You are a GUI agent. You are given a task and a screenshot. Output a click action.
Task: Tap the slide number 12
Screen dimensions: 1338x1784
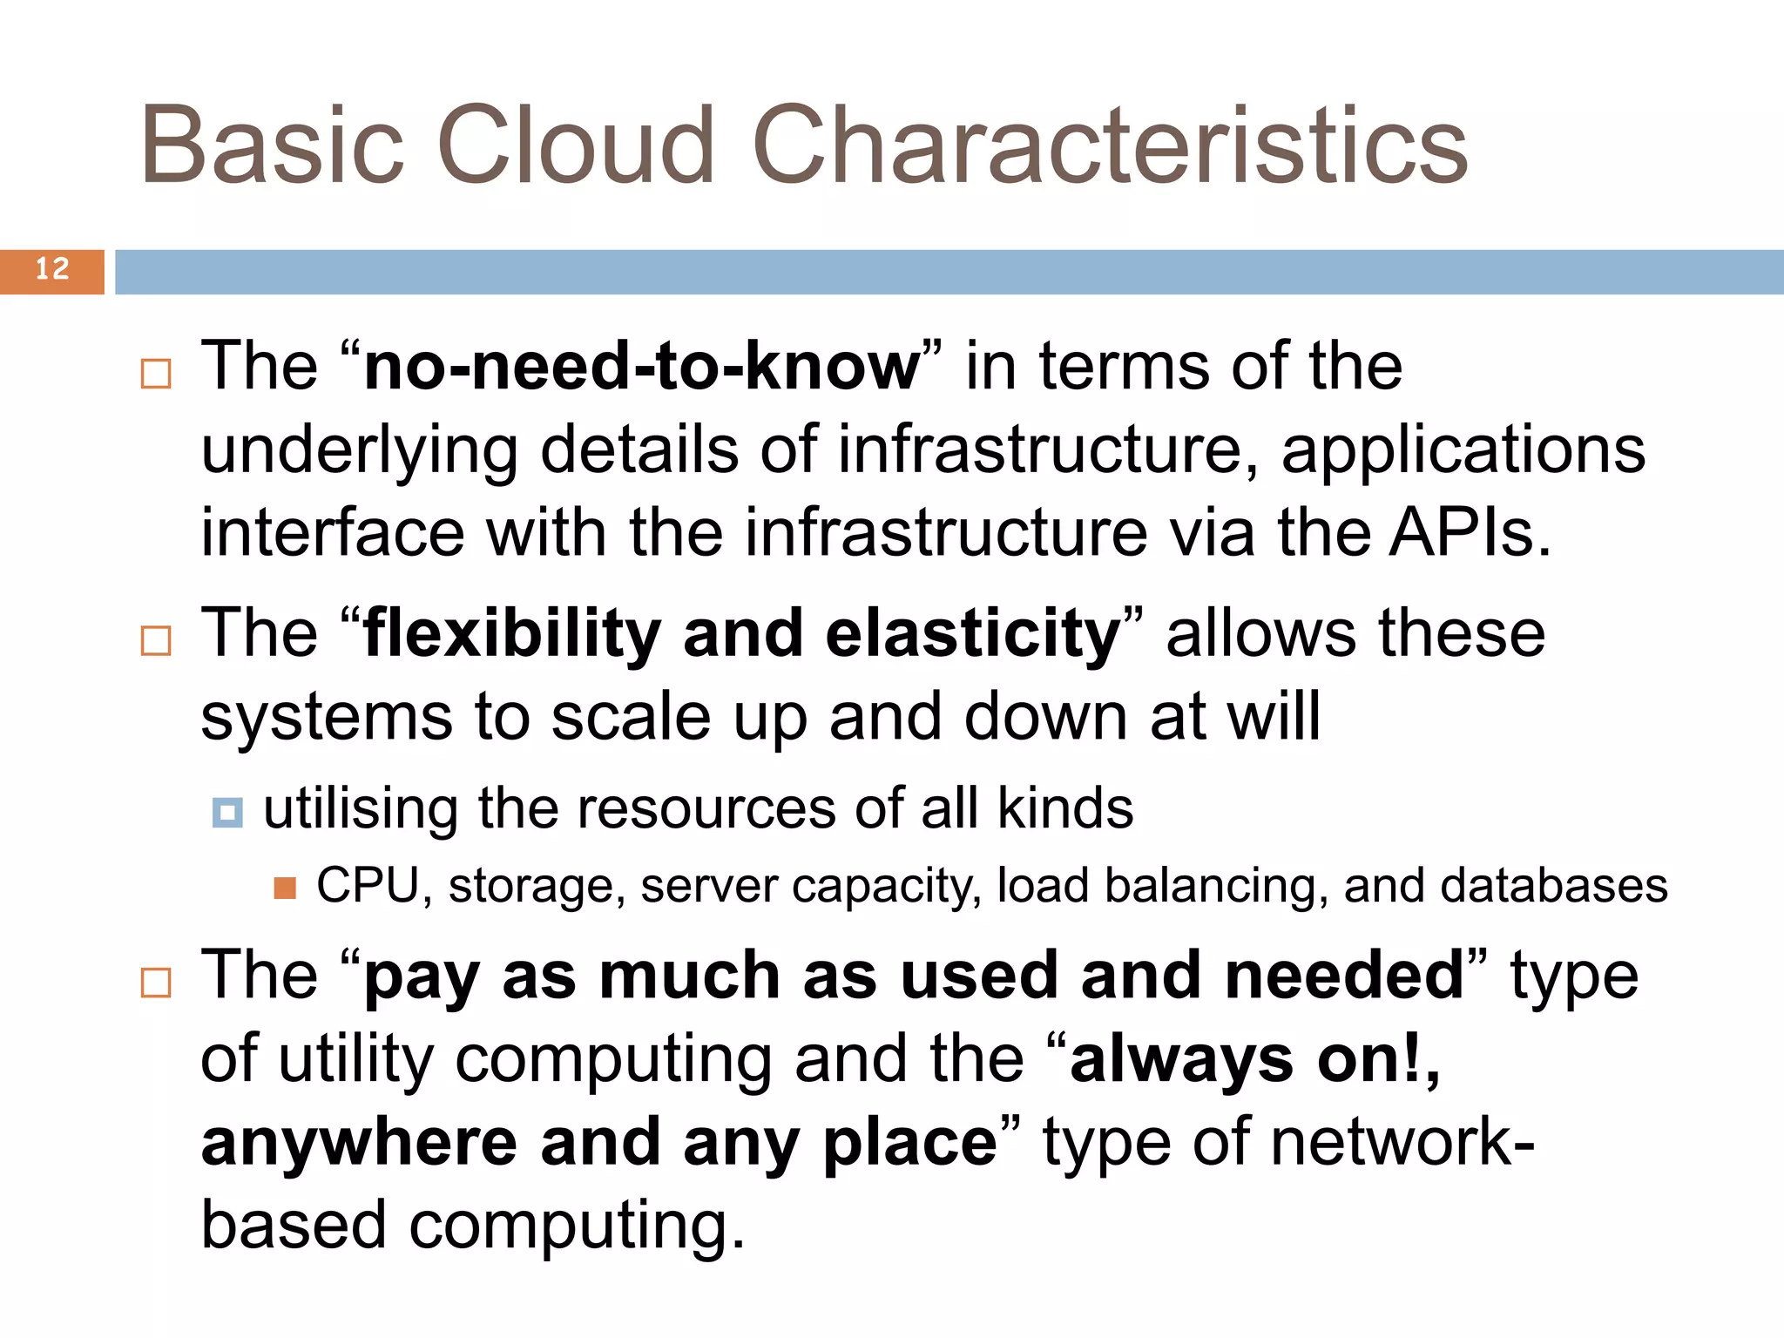point(52,269)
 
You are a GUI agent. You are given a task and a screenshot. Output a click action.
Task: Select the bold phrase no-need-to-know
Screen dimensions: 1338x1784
point(642,367)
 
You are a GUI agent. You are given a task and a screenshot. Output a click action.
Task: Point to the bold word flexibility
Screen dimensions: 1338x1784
point(512,634)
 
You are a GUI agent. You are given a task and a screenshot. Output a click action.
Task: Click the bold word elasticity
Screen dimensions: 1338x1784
point(973,634)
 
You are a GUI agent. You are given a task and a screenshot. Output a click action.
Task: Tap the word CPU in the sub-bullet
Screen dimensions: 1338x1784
point(368,886)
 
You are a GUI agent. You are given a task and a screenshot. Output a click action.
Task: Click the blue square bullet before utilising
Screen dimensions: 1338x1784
point(227,813)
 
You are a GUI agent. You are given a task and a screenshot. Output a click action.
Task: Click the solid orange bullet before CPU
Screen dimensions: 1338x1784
point(285,889)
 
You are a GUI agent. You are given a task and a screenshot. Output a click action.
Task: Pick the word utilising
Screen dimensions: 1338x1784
point(360,809)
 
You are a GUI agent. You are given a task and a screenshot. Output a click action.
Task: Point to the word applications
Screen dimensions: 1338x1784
point(1463,451)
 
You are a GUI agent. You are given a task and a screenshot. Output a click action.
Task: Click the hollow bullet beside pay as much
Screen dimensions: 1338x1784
point(156,983)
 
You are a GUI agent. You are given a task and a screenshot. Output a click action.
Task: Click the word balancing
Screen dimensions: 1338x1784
point(1216,886)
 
